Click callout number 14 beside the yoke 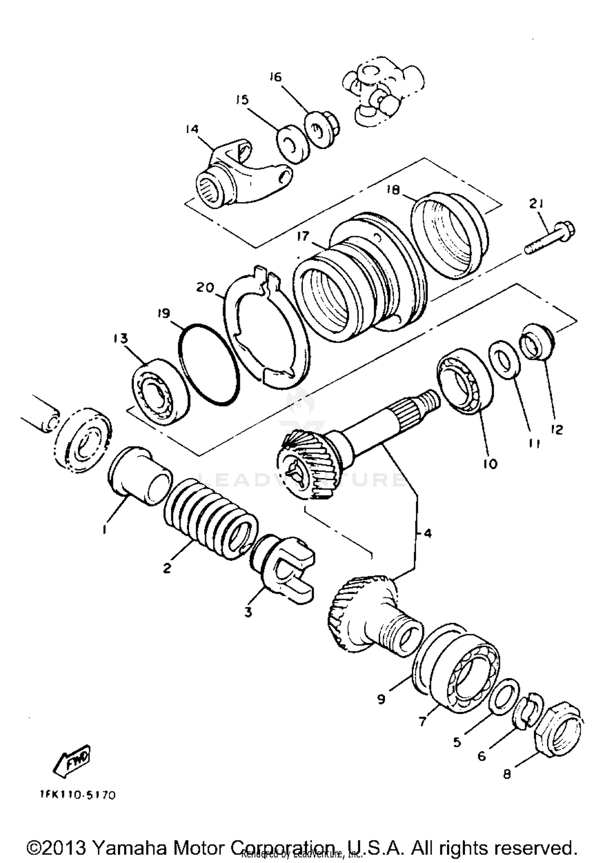(x=192, y=129)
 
